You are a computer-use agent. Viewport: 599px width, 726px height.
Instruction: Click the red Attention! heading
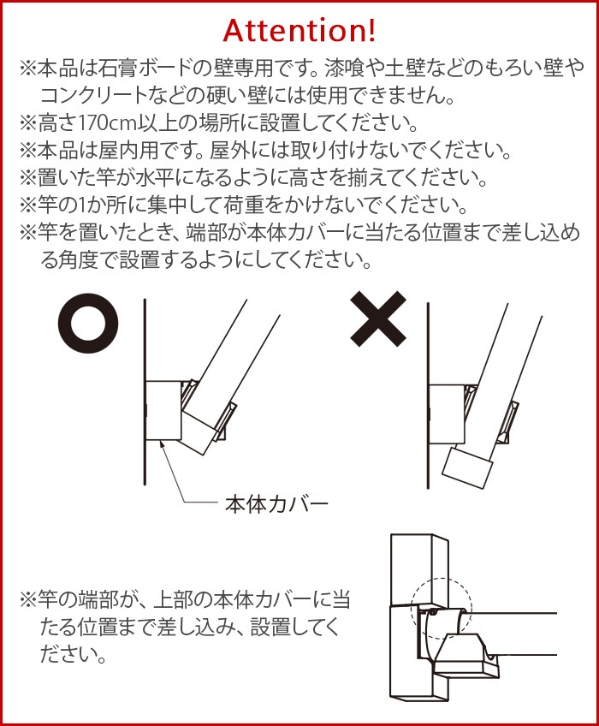[x=299, y=31]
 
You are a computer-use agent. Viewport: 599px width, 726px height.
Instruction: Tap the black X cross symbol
[x=378, y=319]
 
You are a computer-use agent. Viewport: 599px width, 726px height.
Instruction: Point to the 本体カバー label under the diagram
[x=276, y=504]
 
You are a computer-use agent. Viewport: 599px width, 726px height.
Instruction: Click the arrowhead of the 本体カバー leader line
[x=161, y=444]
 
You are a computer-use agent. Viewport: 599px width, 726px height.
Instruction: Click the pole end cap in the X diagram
[x=467, y=467]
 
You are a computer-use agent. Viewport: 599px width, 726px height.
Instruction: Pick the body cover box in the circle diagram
[x=163, y=410]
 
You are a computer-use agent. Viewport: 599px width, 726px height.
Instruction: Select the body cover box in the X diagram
[x=447, y=414]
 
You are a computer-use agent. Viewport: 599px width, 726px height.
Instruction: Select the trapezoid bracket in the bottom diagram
[x=466, y=653]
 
